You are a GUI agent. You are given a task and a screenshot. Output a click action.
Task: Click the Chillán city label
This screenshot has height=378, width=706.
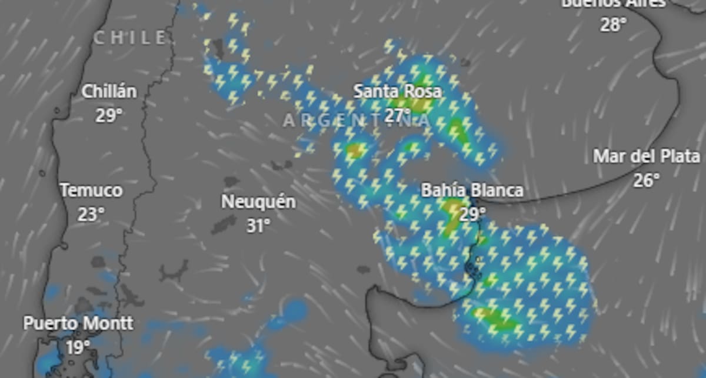[109, 92]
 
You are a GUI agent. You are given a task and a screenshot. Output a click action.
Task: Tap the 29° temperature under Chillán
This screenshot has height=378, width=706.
[109, 115]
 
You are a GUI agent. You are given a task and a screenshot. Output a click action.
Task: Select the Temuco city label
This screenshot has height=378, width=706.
[92, 190]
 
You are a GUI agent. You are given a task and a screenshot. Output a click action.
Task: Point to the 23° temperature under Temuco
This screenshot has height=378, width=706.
[92, 214]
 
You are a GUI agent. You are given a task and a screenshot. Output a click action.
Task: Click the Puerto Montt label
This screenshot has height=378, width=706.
[78, 323]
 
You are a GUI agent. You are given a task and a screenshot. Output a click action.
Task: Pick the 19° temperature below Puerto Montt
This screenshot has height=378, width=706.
[78, 347]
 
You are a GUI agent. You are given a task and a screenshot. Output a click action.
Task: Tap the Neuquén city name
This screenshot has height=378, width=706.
[258, 202]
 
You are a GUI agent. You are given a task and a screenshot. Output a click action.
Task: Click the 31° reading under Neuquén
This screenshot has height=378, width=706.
[258, 225]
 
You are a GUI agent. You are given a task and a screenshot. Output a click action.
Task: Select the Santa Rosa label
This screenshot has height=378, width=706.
[398, 92]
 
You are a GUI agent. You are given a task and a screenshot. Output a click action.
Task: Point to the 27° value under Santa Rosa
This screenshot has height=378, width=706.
[398, 115]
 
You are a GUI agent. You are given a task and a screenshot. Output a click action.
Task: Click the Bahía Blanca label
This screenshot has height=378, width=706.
[472, 190]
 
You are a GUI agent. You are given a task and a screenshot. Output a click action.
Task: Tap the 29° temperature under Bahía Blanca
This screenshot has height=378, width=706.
[472, 214]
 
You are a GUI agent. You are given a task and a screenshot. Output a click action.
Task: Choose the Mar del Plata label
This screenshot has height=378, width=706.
[647, 156]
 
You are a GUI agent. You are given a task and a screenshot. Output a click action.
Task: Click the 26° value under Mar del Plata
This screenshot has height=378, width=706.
[647, 180]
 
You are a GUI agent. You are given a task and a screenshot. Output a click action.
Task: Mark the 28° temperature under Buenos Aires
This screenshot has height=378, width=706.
[614, 24]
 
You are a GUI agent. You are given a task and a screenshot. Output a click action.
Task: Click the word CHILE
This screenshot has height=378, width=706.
[131, 38]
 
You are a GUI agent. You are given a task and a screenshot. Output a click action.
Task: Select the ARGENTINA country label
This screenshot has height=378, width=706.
[357, 121]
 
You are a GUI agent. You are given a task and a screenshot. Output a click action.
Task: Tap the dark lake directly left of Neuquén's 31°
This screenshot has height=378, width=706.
[224, 224]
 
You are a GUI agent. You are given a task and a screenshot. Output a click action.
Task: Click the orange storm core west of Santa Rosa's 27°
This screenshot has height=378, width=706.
[354, 151]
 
